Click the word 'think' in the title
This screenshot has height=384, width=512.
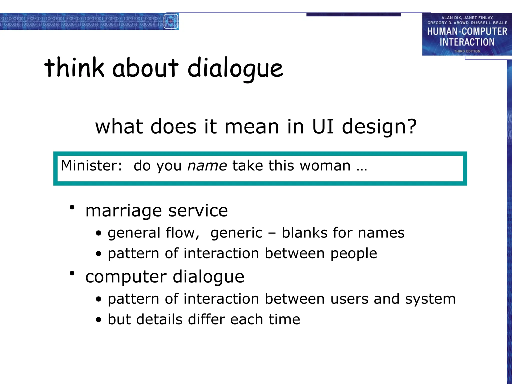74,67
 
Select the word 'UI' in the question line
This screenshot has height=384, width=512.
323,126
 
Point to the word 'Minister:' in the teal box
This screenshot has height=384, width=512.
91,165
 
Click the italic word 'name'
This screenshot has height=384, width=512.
207,166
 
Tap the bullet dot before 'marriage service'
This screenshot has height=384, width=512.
72,207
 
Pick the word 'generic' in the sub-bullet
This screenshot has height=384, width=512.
236,233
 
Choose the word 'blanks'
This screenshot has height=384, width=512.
304,233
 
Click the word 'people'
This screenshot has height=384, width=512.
353,254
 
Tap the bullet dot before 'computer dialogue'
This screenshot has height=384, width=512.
72,273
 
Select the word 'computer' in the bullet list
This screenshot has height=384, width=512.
126,277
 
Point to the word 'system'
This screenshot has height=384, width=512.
430,299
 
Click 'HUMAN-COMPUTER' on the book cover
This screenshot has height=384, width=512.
467,31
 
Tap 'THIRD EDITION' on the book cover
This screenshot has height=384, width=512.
467,51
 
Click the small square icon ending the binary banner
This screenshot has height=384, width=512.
171,21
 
